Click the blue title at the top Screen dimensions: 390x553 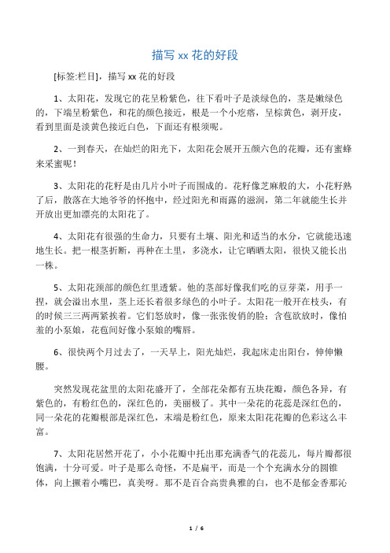(x=194, y=55)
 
